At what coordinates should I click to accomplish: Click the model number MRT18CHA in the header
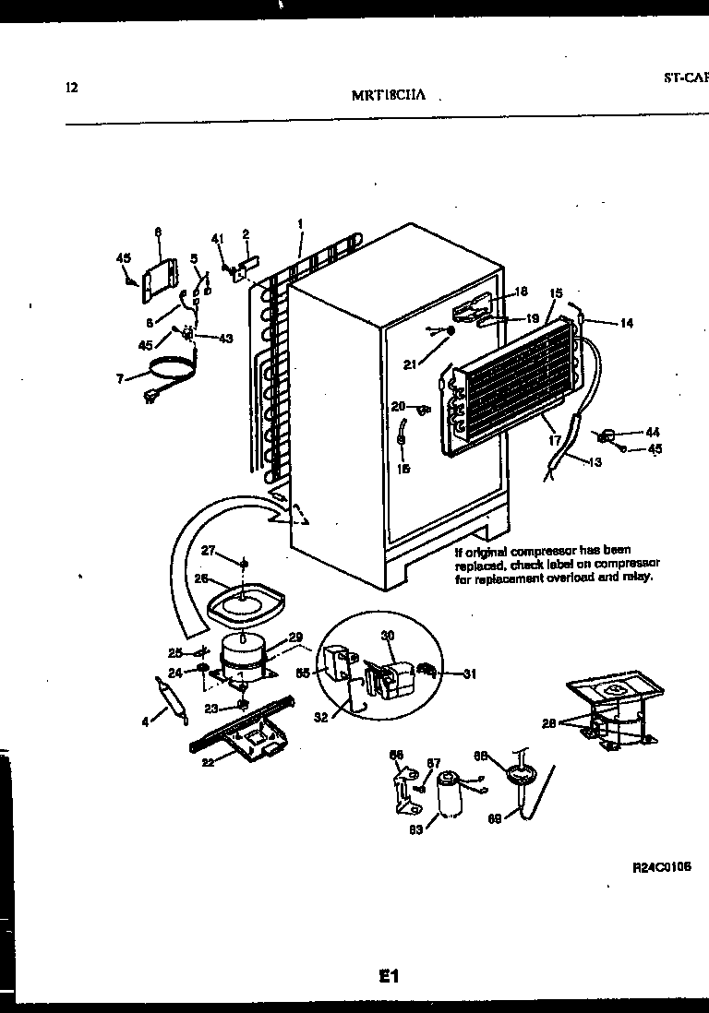(x=387, y=96)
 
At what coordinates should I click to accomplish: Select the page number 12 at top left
(x=72, y=88)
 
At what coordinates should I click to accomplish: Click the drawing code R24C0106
(x=662, y=868)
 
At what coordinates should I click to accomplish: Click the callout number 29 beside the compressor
(x=295, y=638)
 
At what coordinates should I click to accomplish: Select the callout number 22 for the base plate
(x=209, y=761)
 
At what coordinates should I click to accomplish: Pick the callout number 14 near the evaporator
(x=626, y=323)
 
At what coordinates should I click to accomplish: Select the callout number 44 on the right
(x=653, y=431)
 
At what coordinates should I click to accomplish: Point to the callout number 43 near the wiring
(x=225, y=338)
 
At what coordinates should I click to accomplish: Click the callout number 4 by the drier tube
(x=145, y=722)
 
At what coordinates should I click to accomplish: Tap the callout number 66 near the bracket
(x=397, y=755)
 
